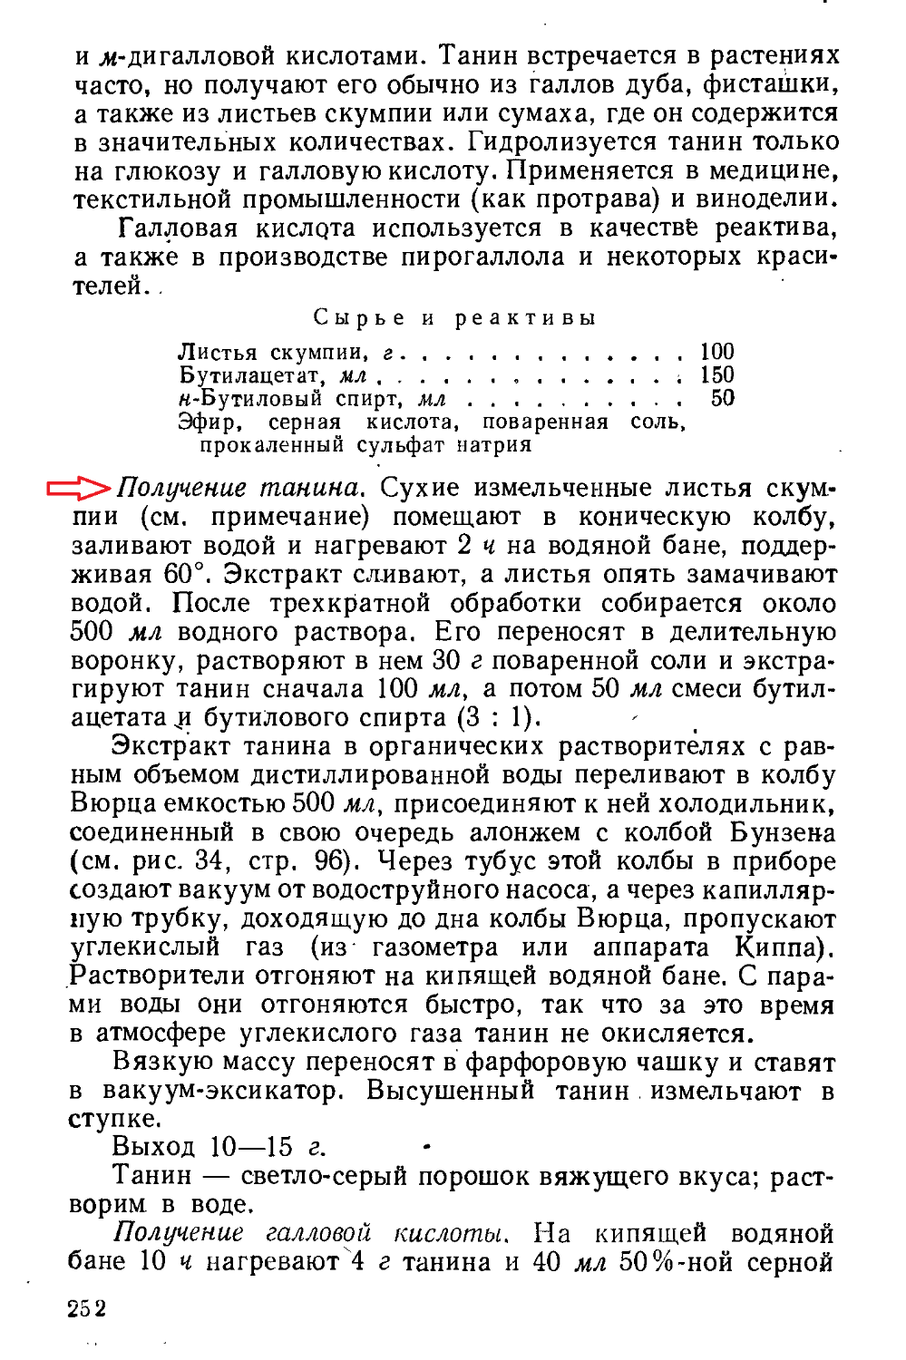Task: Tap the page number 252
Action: coord(87,1308)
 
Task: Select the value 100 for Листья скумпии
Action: coord(716,352)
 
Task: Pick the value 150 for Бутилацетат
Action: coord(716,375)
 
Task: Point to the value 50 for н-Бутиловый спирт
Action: coord(722,398)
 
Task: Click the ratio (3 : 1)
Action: coord(499,718)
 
